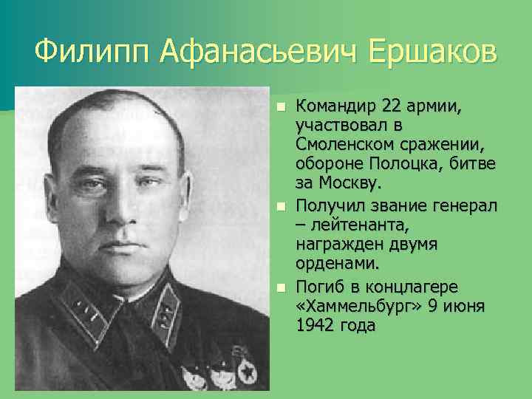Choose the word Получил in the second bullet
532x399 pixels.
coord(330,203)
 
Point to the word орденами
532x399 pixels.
coord(337,263)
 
